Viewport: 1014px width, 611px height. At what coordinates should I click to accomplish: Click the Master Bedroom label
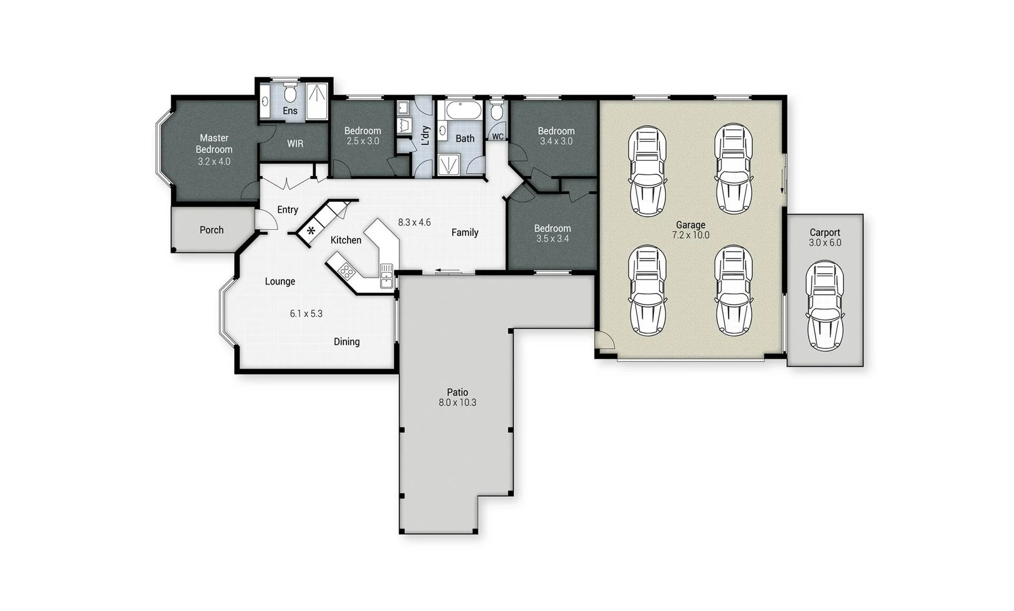[x=214, y=144]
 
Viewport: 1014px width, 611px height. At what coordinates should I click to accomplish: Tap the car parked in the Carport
[x=825, y=305]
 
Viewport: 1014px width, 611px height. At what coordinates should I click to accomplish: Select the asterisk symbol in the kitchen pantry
[x=311, y=231]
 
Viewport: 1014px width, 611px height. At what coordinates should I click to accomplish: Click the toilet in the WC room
[x=496, y=111]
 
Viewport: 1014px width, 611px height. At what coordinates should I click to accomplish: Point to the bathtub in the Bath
[x=463, y=110]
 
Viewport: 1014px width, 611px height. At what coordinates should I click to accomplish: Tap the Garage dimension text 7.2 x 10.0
[x=690, y=235]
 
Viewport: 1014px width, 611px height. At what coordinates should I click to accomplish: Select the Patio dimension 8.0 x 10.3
[x=457, y=403]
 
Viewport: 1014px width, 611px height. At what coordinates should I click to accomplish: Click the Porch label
[x=211, y=230]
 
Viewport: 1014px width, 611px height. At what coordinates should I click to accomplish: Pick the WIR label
[x=295, y=144]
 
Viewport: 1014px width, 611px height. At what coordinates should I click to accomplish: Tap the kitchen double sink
[x=387, y=276]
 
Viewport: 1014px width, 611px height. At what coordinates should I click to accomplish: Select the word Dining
[x=346, y=342]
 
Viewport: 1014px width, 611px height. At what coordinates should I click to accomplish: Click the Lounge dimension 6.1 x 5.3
[x=306, y=313]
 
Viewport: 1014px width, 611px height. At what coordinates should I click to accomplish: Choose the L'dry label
[x=426, y=136]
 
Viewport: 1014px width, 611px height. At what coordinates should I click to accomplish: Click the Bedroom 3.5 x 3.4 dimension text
[x=552, y=239]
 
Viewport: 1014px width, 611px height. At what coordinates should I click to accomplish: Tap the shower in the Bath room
[x=449, y=165]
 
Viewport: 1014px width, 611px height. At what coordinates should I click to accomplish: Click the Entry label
[x=287, y=210]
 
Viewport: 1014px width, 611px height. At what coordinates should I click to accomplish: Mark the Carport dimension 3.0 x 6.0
[x=825, y=243]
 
